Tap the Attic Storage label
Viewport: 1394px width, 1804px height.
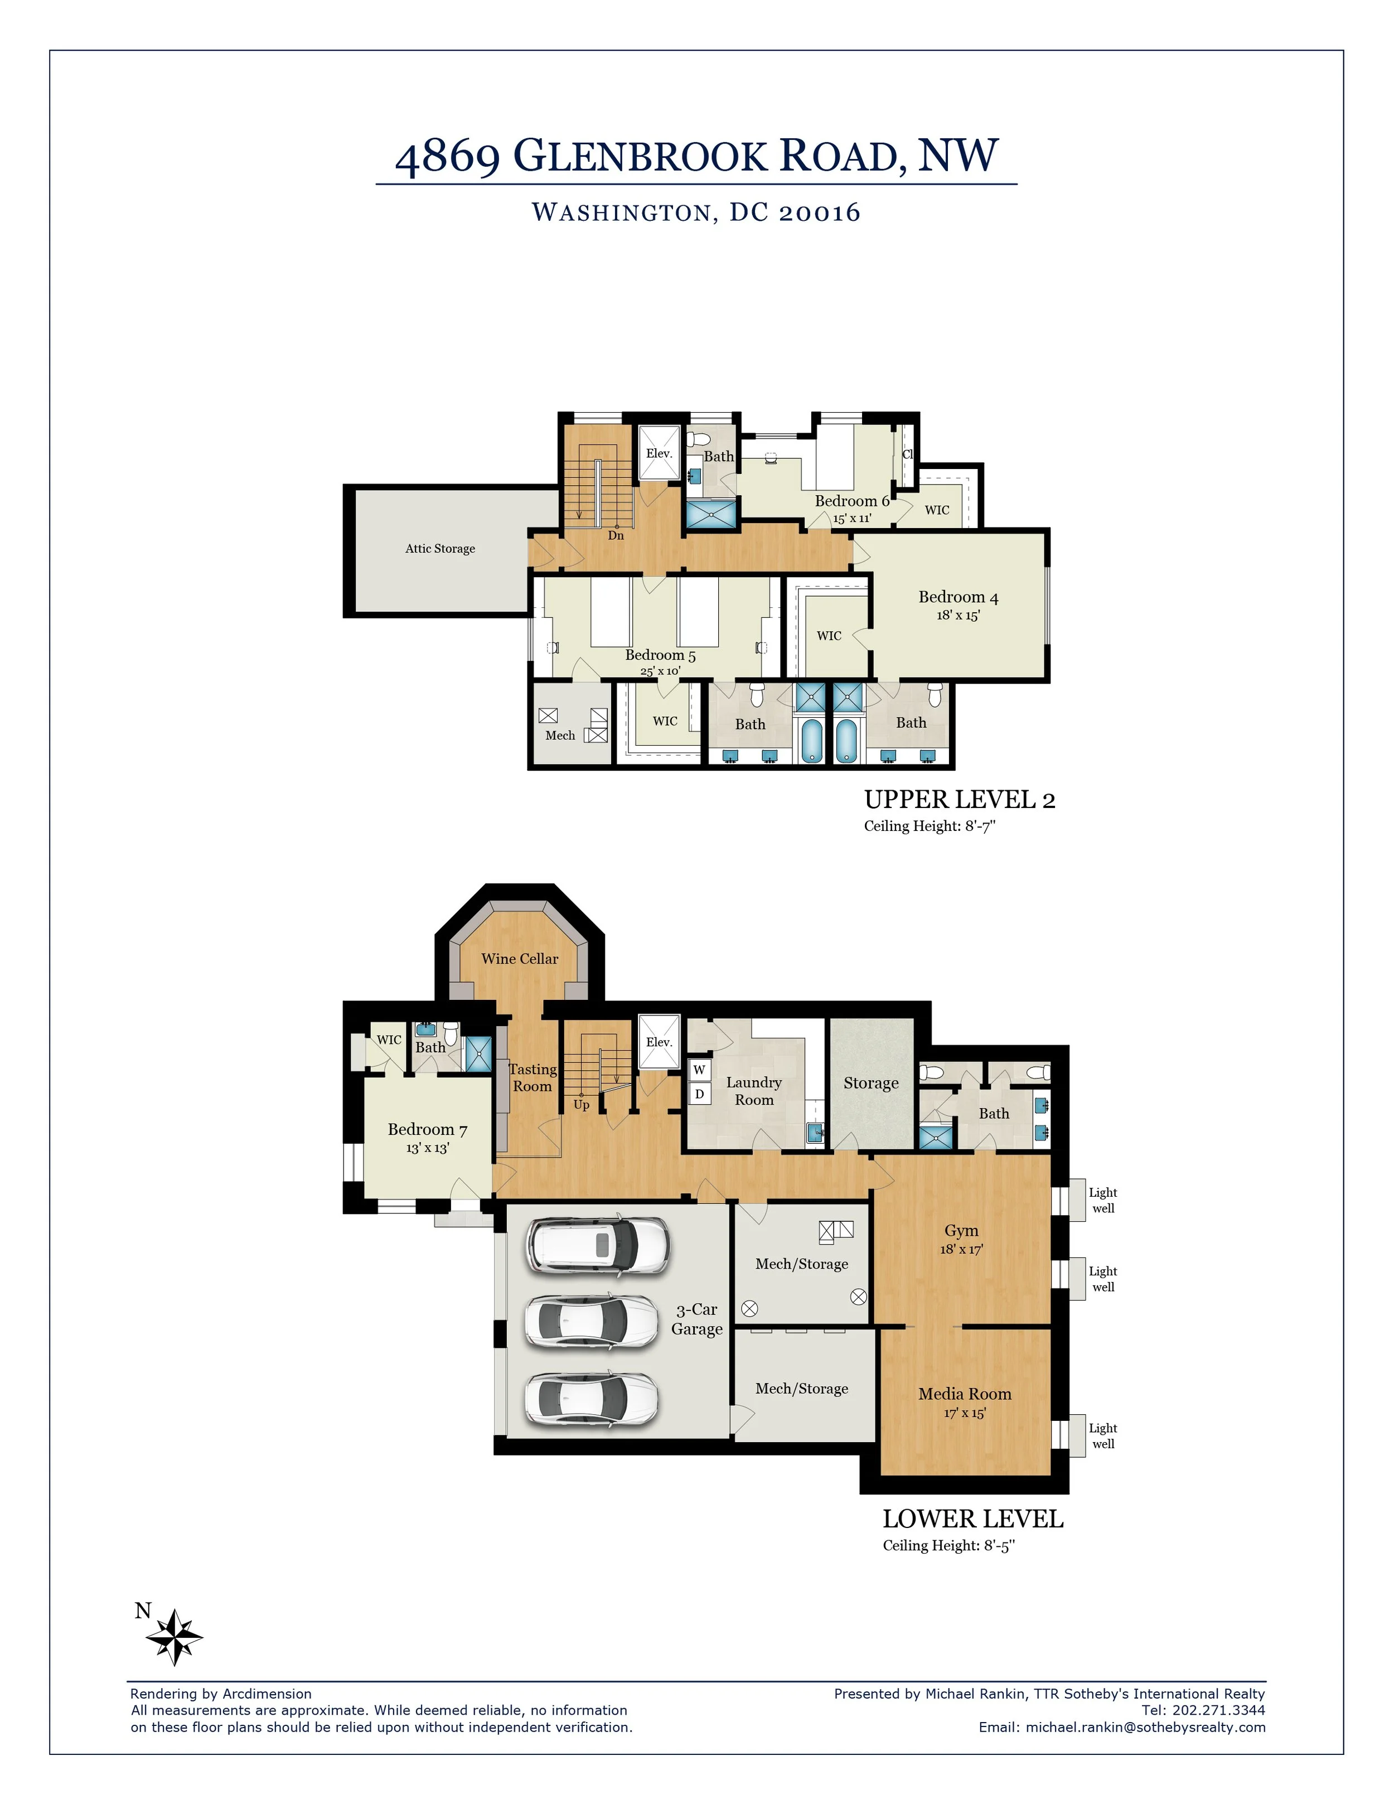(440, 549)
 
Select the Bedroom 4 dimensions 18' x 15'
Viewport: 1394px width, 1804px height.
(958, 616)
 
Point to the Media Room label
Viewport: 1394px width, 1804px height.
(965, 1394)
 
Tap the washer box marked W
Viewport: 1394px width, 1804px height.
(699, 1070)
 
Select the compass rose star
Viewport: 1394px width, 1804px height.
(174, 1636)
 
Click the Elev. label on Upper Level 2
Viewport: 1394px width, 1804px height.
(659, 453)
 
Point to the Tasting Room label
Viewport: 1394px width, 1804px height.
(533, 1078)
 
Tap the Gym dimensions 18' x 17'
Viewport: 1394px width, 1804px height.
(961, 1250)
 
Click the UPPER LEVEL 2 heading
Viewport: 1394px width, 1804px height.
(960, 800)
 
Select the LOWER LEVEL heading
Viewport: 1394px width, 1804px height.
(973, 1519)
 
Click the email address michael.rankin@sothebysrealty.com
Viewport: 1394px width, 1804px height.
(1145, 1727)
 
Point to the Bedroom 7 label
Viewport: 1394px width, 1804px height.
(428, 1129)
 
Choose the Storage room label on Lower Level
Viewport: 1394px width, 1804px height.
(871, 1083)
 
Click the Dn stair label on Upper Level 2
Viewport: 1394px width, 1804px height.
(616, 535)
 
